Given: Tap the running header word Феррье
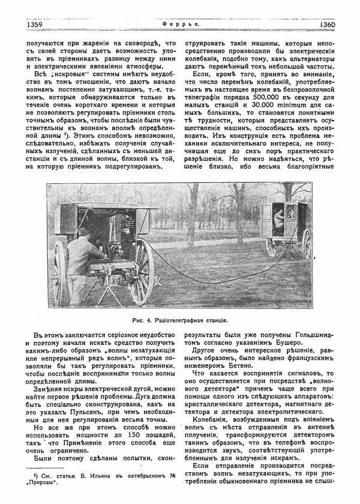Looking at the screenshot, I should tap(179, 25).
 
